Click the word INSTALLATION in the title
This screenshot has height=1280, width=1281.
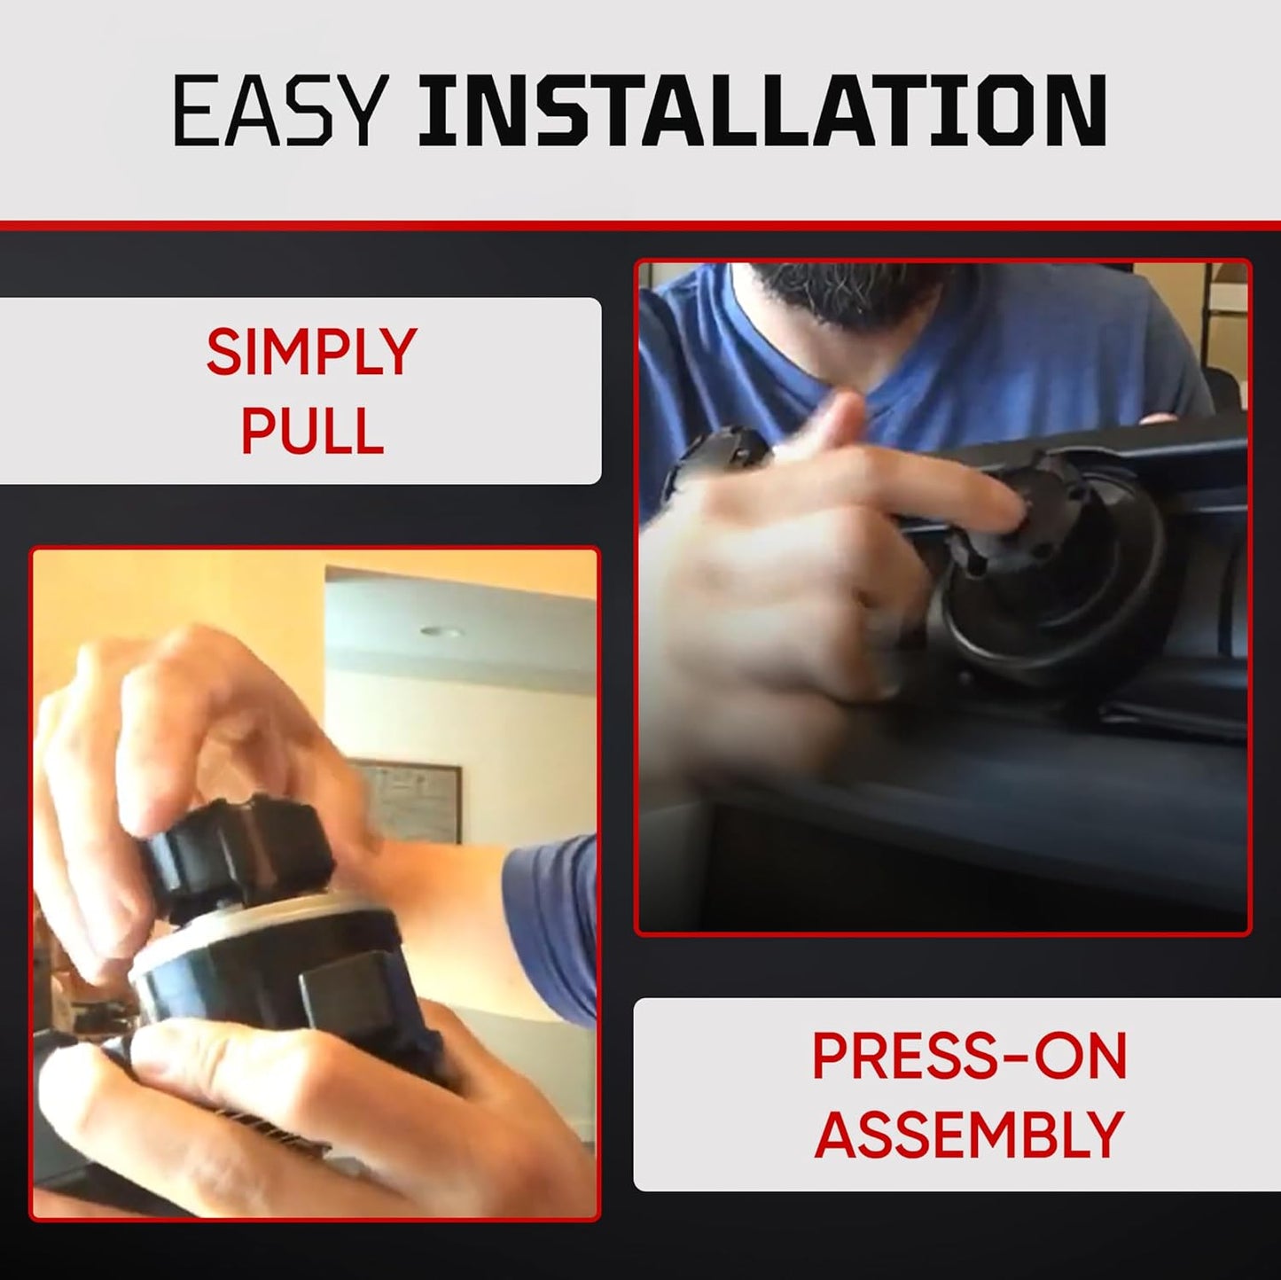coord(762,111)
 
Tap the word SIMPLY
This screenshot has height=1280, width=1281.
coord(312,352)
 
